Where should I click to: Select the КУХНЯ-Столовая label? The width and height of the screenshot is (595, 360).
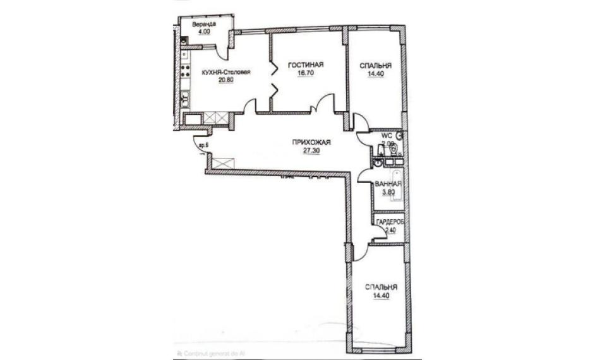click(225, 72)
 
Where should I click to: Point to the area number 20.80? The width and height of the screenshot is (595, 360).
click(226, 80)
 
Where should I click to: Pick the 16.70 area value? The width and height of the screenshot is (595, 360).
click(305, 73)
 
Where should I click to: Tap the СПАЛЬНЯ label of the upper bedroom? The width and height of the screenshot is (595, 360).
click(375, 65)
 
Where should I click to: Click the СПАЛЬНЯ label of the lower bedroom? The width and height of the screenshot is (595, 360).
click(380, 285)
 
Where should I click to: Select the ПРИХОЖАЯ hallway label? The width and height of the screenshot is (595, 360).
click(312, 142)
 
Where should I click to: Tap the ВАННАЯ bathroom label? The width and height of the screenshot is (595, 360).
click(388, 184)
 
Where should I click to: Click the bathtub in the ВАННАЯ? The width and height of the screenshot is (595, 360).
click(397, 185)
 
